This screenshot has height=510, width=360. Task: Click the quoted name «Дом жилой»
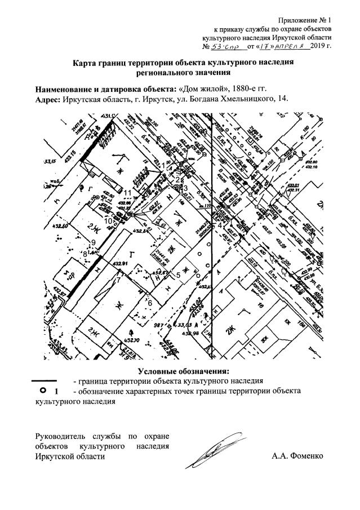point(201,88)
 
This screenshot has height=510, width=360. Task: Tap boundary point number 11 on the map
point(127,193)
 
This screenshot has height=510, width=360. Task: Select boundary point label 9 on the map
point(94,242)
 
